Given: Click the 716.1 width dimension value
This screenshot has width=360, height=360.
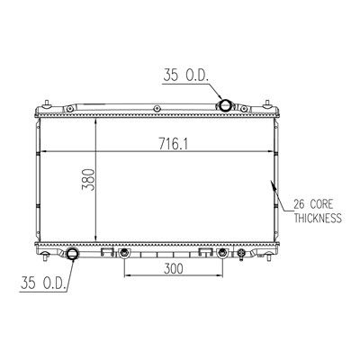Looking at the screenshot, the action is [x=173, y=145].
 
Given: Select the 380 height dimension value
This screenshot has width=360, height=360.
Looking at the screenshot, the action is [x=88, y=180].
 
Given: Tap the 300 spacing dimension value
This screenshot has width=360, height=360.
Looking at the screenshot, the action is [x=174, y=268].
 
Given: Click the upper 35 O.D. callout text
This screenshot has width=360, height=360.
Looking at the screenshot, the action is [x=185, y=75].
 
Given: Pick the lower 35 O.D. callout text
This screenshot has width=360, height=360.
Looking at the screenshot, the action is [x=43, y=283].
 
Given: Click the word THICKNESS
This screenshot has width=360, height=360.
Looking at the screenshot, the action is [x=318, y=218].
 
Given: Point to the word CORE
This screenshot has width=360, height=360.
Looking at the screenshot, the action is [x=321, y=204].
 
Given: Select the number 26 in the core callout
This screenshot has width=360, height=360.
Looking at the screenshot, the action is [x=300, y=204].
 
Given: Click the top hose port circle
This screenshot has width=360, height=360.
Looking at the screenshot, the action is [x=225, y=105].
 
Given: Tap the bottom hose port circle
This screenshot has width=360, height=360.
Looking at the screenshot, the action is [x=72, y=254].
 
